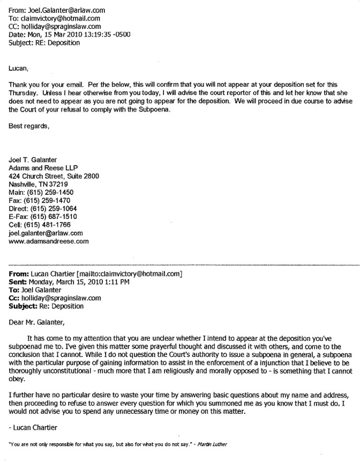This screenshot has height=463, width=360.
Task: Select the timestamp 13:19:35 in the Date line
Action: click(96, 35)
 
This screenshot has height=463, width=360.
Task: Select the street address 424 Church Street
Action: click(40, 176)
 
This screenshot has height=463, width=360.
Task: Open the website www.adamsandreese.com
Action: click(49, 241)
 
